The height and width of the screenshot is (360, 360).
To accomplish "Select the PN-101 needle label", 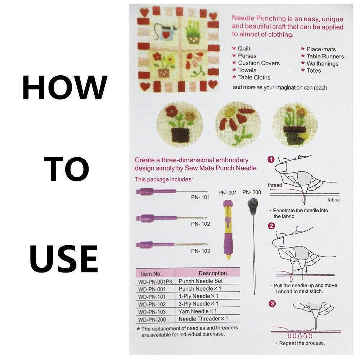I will pyautogui.click(x=201, y=197).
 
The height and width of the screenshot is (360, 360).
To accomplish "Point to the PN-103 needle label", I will pyautogui.click(x=201, y=251).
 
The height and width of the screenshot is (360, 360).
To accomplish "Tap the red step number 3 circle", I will pyautogui.click(x=273, y=303).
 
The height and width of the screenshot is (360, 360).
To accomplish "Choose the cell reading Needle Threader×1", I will pyautogui.click(x=203, y=319).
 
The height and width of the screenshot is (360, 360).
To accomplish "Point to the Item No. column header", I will pyautogui.click(x=152, y=274).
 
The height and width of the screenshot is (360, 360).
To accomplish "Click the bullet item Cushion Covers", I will pyautogui.click(x=258, y=63).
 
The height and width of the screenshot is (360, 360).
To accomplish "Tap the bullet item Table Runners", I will pyautogui.click(x=325, y=56).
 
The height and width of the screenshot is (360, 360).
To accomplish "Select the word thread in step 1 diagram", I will pyautogui.click(x=275, y=185).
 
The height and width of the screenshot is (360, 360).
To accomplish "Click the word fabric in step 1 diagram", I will pyautogui.click(x=333, y=199).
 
